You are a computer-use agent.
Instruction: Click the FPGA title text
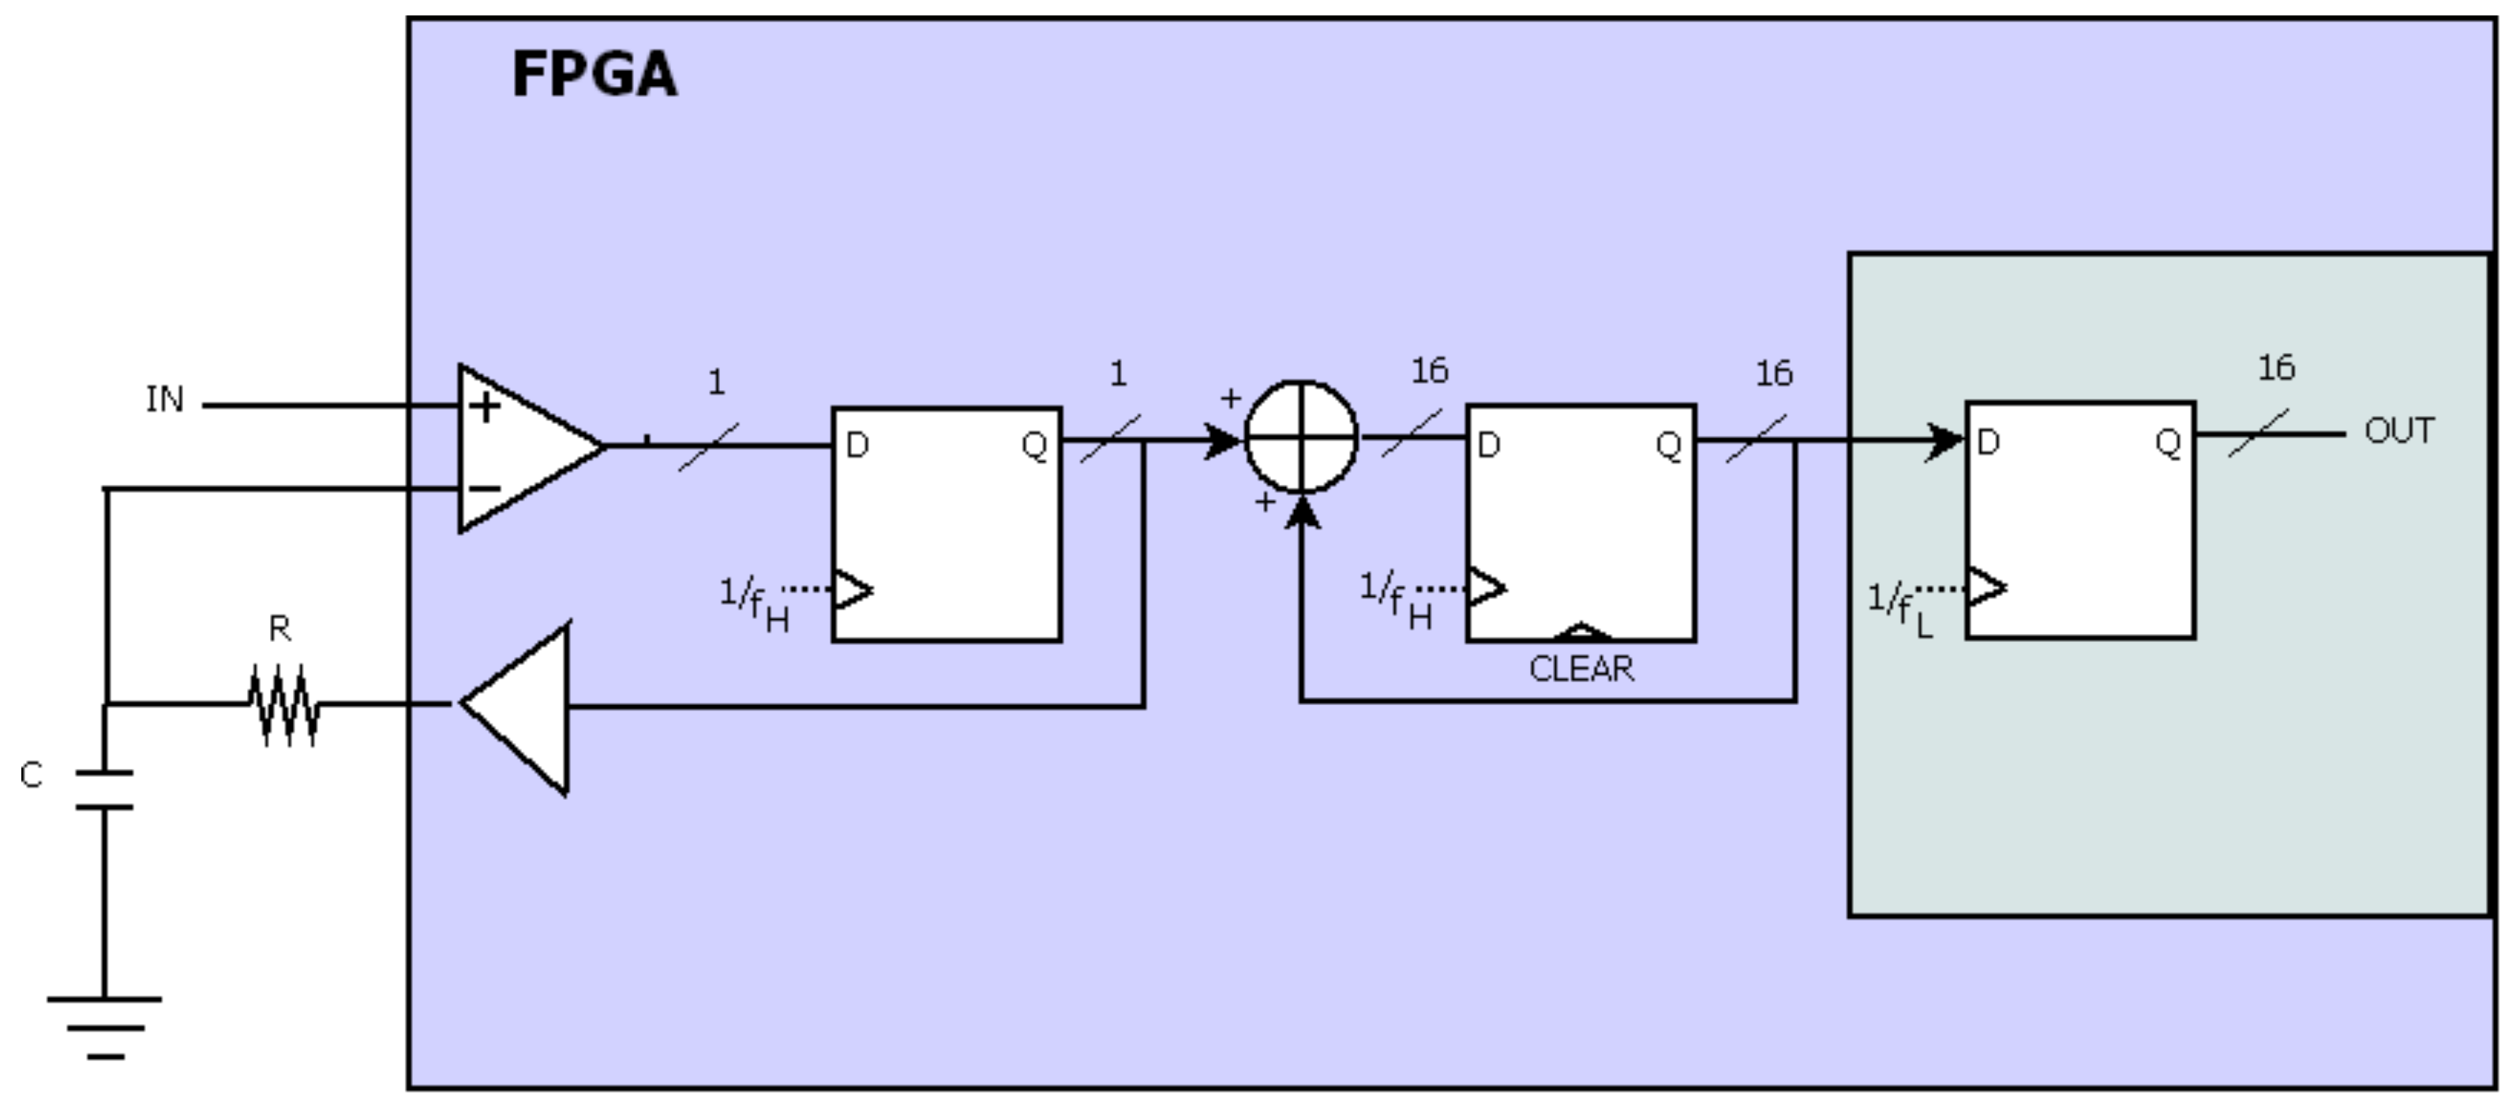[594, 74]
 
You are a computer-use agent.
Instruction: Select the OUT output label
[2398, 430]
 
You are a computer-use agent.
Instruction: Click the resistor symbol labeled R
[283, 704]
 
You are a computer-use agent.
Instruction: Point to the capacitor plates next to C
[105, 790]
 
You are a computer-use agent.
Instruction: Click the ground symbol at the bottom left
[105, 1026]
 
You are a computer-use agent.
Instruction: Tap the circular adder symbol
[1300, 437]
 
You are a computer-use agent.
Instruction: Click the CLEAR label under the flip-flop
[1581, 669]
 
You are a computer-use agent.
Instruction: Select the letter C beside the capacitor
[32, 775]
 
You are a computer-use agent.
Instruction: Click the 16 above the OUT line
[2275, 368]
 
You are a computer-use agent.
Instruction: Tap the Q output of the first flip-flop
[1034, 446]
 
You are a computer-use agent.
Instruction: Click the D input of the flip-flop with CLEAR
[1489, 446]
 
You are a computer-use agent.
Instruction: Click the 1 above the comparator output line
[716, 381]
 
